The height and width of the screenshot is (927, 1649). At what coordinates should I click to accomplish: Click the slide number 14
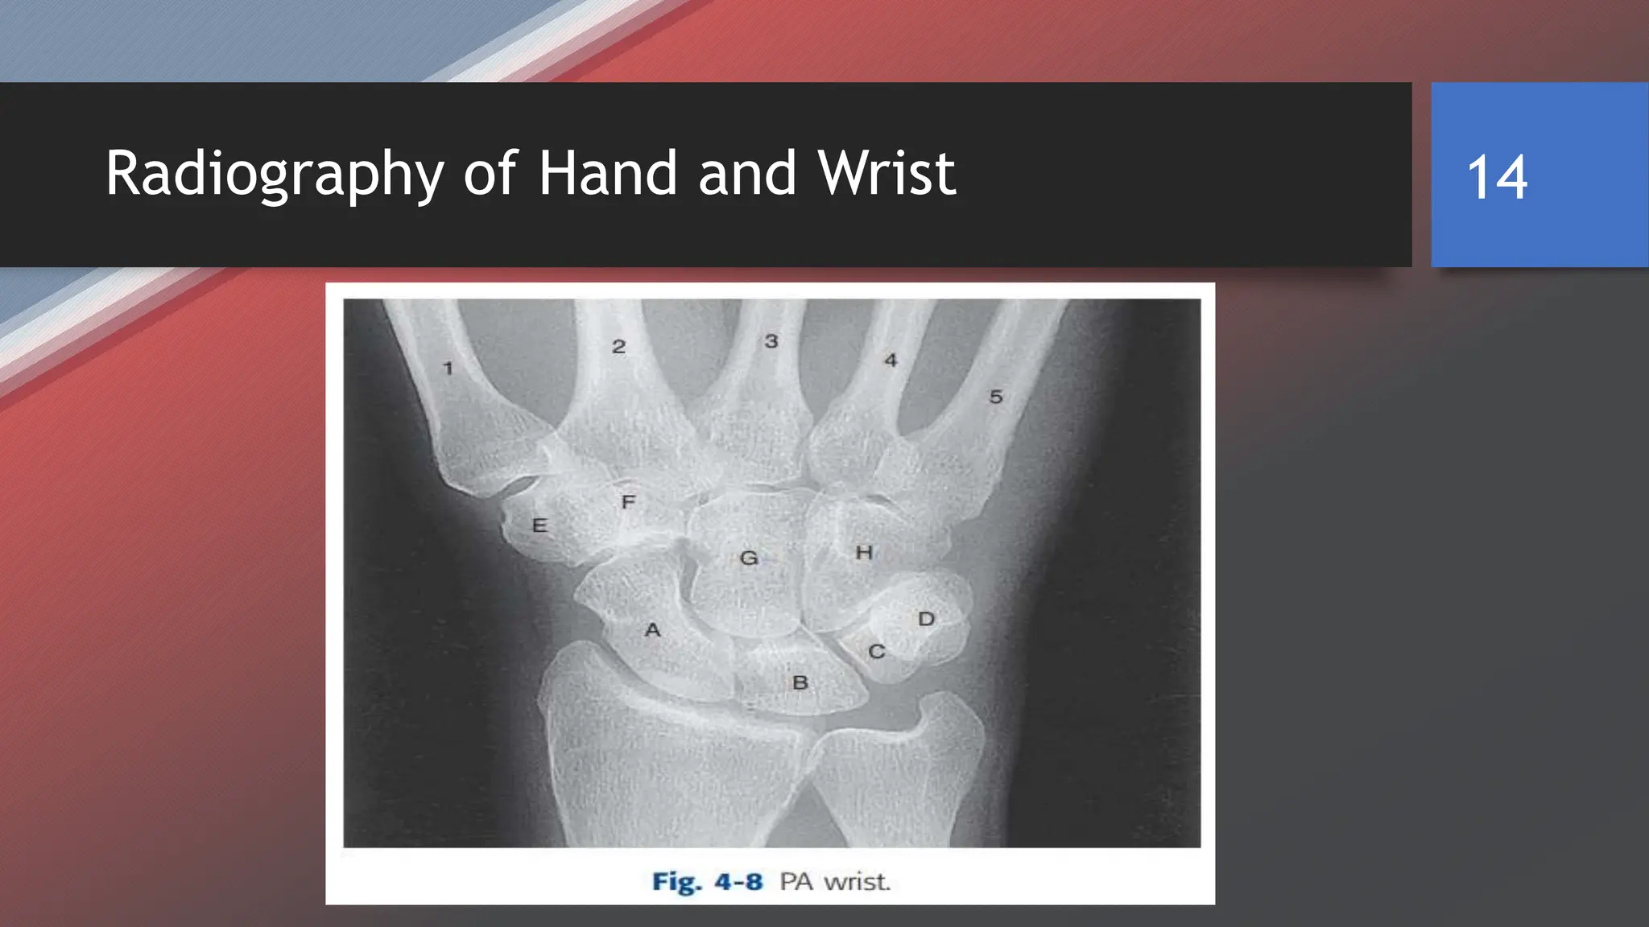1497,178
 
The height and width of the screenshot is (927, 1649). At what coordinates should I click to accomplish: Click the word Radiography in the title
275,174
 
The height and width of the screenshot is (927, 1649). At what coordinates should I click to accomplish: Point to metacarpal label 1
448,369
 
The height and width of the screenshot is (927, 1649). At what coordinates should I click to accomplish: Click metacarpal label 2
618,347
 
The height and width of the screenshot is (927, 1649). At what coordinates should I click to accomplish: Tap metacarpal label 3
771,341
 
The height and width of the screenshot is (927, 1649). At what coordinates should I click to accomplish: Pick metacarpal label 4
891,360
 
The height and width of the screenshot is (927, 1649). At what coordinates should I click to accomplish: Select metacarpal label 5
996,397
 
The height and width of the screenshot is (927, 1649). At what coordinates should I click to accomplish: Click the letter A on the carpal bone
652,630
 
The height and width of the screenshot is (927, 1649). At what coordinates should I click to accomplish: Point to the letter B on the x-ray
800,683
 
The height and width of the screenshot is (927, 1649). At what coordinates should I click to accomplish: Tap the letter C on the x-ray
877,652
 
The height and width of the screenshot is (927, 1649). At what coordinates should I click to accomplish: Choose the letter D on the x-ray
927,619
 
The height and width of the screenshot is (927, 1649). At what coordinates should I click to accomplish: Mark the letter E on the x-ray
539,526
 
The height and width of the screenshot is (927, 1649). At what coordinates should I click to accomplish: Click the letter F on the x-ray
629,502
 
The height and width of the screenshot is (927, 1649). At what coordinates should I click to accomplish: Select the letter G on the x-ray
749,558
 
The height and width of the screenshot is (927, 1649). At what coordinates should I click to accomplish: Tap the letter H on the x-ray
864,553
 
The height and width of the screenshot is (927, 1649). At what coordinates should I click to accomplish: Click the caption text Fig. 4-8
707,882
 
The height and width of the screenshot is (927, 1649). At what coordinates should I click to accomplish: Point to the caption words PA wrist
835,882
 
